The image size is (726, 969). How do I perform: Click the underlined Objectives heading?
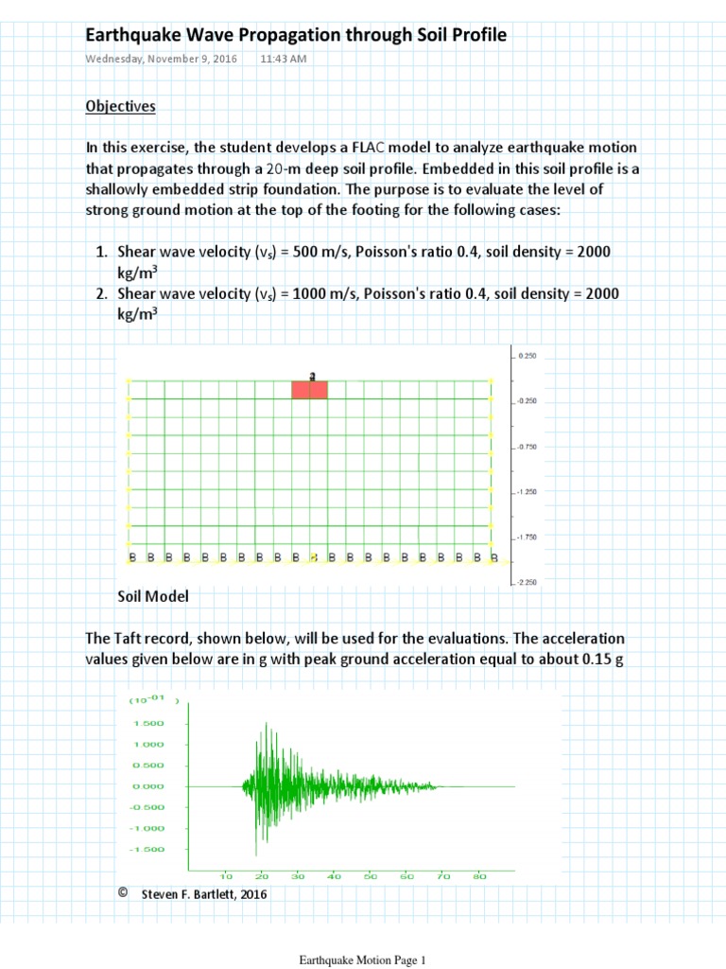tap(120, 106)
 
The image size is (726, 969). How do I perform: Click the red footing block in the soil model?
tap(309, 390)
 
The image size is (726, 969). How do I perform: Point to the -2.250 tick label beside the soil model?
tap(527, 582)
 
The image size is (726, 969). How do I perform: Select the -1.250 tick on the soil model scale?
tap(527, 492)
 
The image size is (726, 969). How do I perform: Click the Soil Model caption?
tap(153, 596)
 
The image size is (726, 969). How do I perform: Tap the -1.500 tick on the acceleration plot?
tap(148, 849)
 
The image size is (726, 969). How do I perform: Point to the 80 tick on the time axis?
tap(479, 876)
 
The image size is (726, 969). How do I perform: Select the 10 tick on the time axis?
tap(227, 876)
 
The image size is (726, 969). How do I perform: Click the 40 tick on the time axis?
tap(335, 876)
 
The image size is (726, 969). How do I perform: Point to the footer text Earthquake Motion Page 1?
tap(363, 960)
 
